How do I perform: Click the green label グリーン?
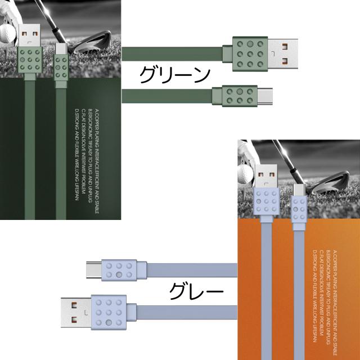174,74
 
